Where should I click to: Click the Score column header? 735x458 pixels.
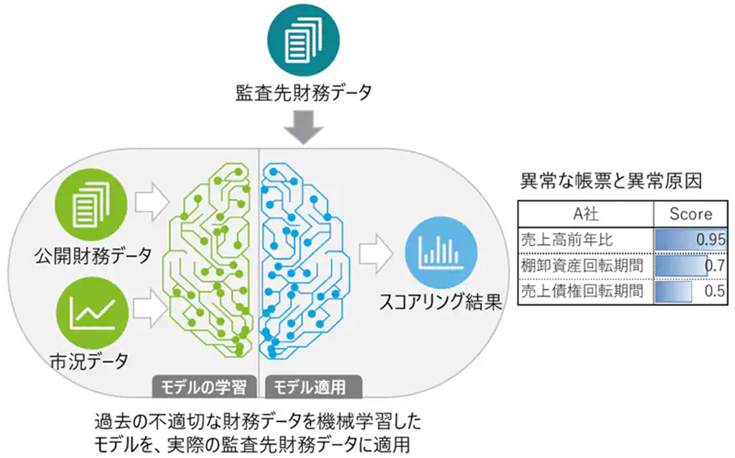pyautogui.click(x=691, y=214)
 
